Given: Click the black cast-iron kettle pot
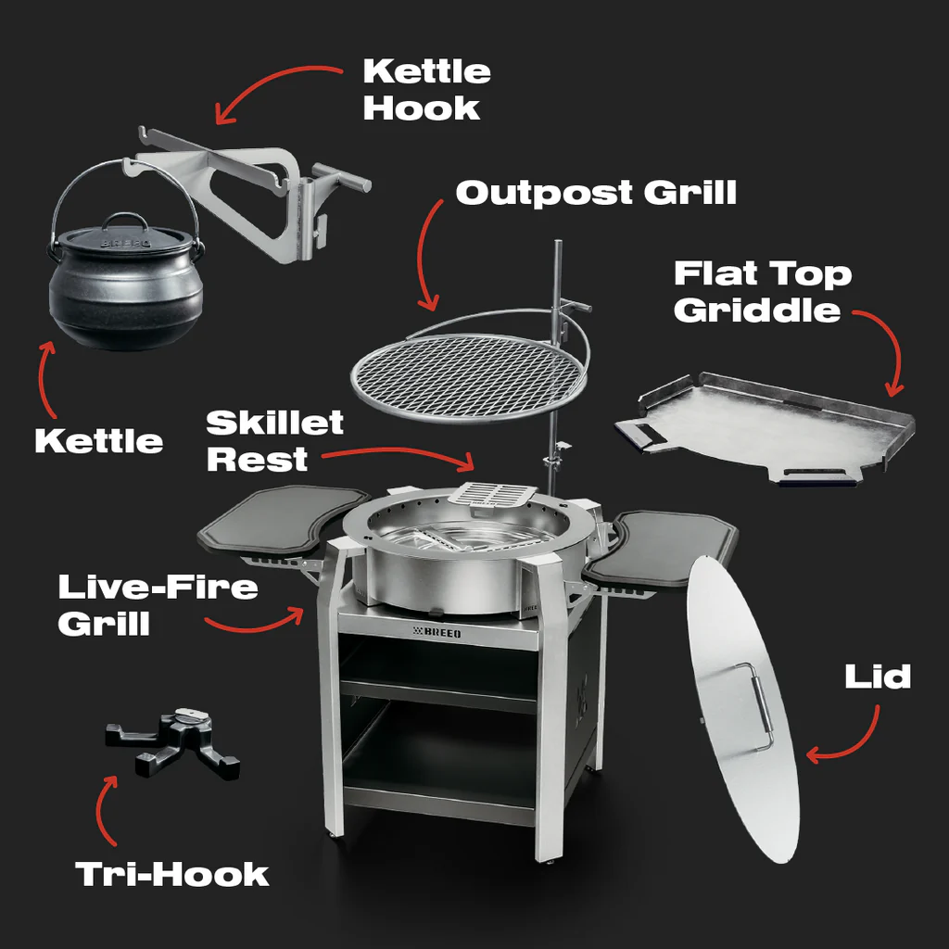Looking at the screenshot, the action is (125, 285).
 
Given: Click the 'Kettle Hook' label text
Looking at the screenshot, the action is (426, 90).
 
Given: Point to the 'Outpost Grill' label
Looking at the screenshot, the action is (596, 193).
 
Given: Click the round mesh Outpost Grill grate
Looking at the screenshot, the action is (470, 376).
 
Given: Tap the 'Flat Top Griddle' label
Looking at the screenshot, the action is (763, 291).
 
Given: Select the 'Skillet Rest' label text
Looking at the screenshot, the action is (274, 440).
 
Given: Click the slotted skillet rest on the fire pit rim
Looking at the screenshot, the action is (491, 494).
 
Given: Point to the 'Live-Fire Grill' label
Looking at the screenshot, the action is (158, 604).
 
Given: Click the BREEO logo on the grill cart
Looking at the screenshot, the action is (437, 632).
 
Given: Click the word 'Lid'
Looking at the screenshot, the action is (878, 677).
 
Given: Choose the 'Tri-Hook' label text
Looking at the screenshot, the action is (171, 875).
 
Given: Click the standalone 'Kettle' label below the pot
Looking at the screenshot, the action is (99, 440).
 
